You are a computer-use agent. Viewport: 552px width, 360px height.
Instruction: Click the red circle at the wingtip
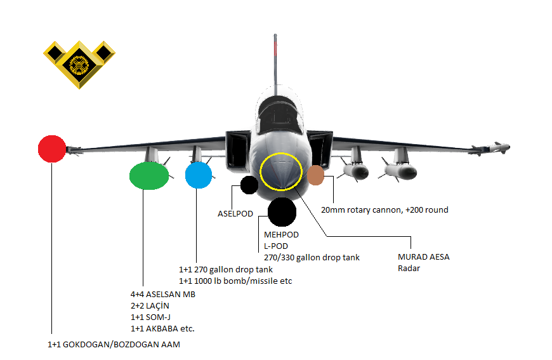coord(52,149)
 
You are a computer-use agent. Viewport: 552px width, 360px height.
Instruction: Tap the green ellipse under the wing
coord(148,176)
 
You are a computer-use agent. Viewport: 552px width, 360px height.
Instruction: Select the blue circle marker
coord(198,175)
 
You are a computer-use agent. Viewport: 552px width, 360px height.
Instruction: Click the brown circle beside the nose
coord(315,175)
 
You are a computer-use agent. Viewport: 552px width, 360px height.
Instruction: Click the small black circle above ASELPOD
coord(249,185)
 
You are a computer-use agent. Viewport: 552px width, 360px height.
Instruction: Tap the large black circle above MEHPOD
coord(282,212)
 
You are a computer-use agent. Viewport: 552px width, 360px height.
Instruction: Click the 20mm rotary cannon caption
coord(384,210)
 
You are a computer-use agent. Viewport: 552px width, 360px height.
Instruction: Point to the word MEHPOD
coord(281,235)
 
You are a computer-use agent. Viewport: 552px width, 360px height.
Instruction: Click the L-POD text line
coord(277,246)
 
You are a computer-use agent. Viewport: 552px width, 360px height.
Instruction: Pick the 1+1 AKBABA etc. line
coord(162,329)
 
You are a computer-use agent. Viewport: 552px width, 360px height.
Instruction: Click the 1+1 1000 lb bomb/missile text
coord(235,281)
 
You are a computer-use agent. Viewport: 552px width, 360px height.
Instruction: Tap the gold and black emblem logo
coord(79,63)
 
